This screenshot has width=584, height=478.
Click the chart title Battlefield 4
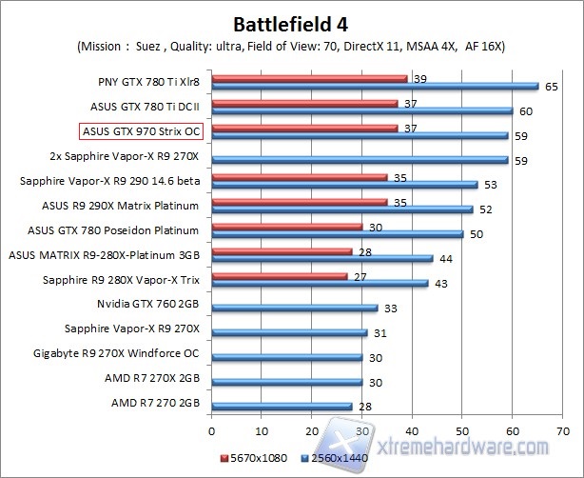[x=291, y=22]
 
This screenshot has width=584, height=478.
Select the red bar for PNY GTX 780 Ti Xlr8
[x=309, y=78]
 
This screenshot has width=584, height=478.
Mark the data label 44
[x=444, y=258]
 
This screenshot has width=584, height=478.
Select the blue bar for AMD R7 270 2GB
[x=282, y=407]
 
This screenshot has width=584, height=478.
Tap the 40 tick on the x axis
[x=412, y=429]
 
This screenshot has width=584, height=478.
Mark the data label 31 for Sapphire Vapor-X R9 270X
[x=380, y=332]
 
